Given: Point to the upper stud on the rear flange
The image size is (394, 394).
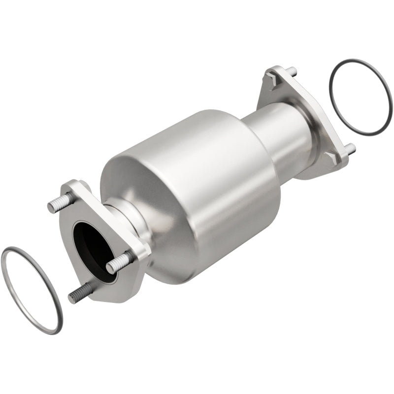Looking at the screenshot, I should [292, 71].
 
